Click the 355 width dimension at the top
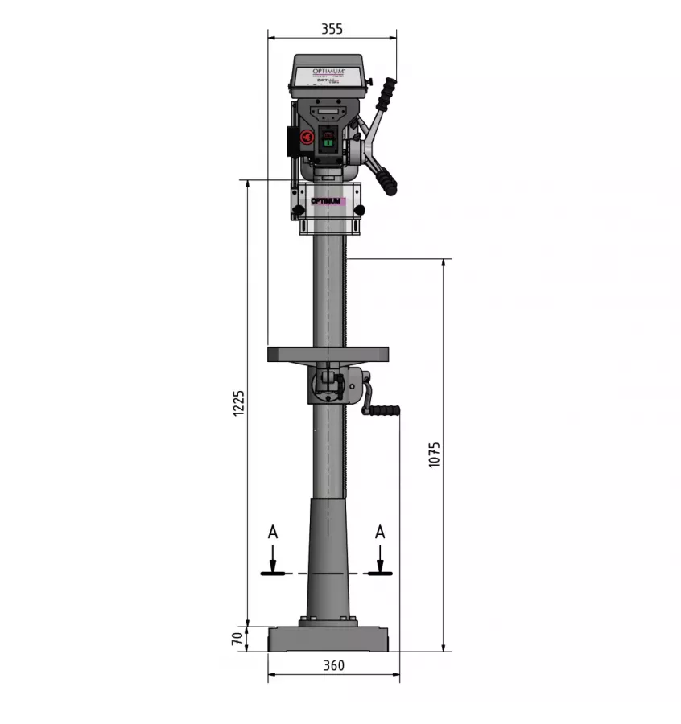pyautogui.click(x=332, y=29)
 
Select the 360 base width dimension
pyautogui.click(x=333, y=666)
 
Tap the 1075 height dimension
pyautogui.click(x=435, y=455)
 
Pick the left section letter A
pyautogui.click(x=273, y=532)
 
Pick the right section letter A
pyautogui.click(x=380, y=532)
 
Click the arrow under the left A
pyautogui.click(x=273, y=559)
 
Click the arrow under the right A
pyautogui.click(x=380, y=559)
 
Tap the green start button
pyautogui.click(x=328, y=143)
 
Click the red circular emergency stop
pyautogui.click(x=307, y=138)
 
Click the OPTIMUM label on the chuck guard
pyautogui.click(x=328, y=201)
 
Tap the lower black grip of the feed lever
pyautogui.click(x=390, y=183)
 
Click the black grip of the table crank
pyautogui.click(x=382, y=410)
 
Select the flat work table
pyautogui.click(x=328, y=354)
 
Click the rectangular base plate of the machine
pyautogui.click(x=328, y=639)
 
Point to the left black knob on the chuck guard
pyautogui.click(x=299, y=211)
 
